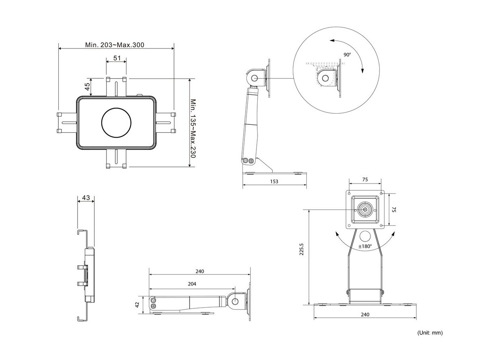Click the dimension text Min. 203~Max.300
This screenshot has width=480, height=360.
tap(114, 45)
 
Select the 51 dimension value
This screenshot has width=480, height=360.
tap(117, 58)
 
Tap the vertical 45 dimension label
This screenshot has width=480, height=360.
tap(87, 87)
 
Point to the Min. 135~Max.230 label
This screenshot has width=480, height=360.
tap(193, 128)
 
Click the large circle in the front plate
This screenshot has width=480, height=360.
tap(116, 122)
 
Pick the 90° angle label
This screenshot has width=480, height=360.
tap(347, 54)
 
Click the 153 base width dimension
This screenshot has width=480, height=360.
tap(274, 181)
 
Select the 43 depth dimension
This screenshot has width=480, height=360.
tap(86, 198)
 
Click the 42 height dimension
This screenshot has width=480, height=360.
tap(137, 304)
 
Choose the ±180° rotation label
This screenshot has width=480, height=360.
tap(365, 246)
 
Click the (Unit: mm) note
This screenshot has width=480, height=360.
tap(430, 332)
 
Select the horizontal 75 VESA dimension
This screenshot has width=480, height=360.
tap(365, 180)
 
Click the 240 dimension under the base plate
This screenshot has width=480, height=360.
tap(365, 314)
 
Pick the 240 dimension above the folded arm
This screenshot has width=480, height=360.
tap(200, 271)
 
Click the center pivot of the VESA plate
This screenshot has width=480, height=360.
tap(365, 209)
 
